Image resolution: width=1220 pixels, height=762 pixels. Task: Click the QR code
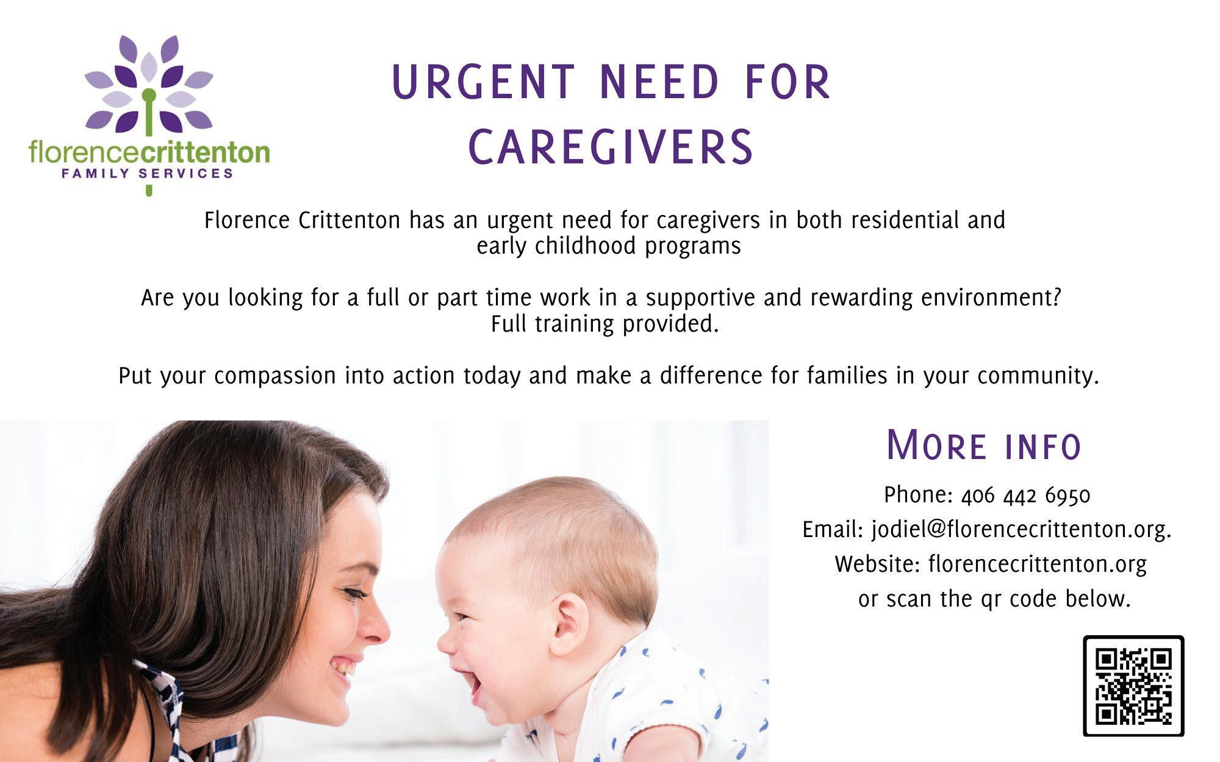pos(1133,686)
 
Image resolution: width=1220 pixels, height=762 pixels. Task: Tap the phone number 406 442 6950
pos(1025,495)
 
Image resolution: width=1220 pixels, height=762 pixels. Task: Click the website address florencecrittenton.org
pos(1038,564)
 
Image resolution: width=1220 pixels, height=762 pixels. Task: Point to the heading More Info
pos(984,445)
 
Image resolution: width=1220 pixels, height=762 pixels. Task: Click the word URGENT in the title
pos(483,82)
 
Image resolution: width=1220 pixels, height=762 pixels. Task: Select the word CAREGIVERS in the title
pos(611,147)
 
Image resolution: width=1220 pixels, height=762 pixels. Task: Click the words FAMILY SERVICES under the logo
pos(147,173)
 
